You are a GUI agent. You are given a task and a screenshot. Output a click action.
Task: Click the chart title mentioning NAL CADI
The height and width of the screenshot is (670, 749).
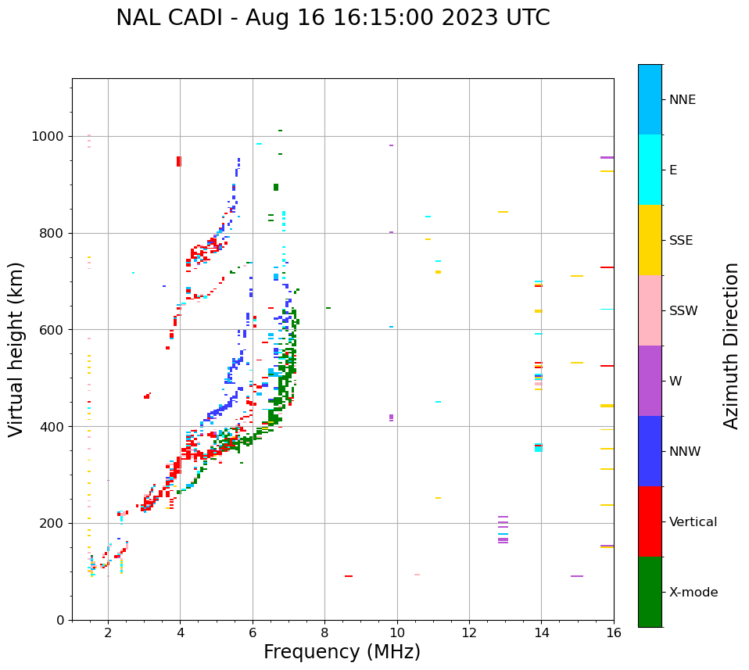[332, 18]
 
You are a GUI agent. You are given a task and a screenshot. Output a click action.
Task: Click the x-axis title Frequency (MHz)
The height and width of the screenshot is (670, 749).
[342, 652]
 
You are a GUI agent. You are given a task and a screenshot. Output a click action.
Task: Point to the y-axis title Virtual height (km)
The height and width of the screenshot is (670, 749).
[16, 349]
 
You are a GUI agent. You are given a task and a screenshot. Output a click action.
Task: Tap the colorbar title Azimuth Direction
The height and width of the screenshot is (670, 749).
[731, 346]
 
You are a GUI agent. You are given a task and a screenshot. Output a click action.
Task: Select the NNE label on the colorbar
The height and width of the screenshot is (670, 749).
[682, 100]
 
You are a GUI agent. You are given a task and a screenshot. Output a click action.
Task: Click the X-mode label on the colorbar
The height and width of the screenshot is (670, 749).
[693, 592]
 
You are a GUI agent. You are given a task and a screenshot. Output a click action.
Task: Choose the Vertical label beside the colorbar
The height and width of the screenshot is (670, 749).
[693, 521]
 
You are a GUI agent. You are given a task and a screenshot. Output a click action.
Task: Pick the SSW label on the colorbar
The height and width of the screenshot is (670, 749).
[683, 310]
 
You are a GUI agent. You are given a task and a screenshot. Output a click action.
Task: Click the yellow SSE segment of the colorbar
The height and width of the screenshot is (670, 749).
[650, 239]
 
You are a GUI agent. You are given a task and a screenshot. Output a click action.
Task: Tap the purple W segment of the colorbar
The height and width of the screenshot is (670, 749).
[650, 380]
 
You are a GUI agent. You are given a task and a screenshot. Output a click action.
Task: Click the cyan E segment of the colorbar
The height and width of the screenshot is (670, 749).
[650, 169]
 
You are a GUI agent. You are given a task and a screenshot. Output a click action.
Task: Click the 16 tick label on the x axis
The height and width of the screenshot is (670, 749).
[613, 632]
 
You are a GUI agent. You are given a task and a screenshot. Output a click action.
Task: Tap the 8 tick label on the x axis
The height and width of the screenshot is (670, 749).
[324, 632]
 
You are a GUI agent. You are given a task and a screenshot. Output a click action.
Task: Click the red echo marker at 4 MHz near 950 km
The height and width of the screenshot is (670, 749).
[178, 161]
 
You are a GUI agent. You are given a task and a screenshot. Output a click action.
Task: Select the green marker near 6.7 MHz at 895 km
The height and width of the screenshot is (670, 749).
[275, 187]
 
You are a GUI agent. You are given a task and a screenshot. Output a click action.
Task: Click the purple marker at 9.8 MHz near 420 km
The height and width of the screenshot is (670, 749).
[391, 417]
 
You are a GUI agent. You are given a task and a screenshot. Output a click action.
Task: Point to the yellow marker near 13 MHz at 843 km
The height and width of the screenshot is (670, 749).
[503, 212]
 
